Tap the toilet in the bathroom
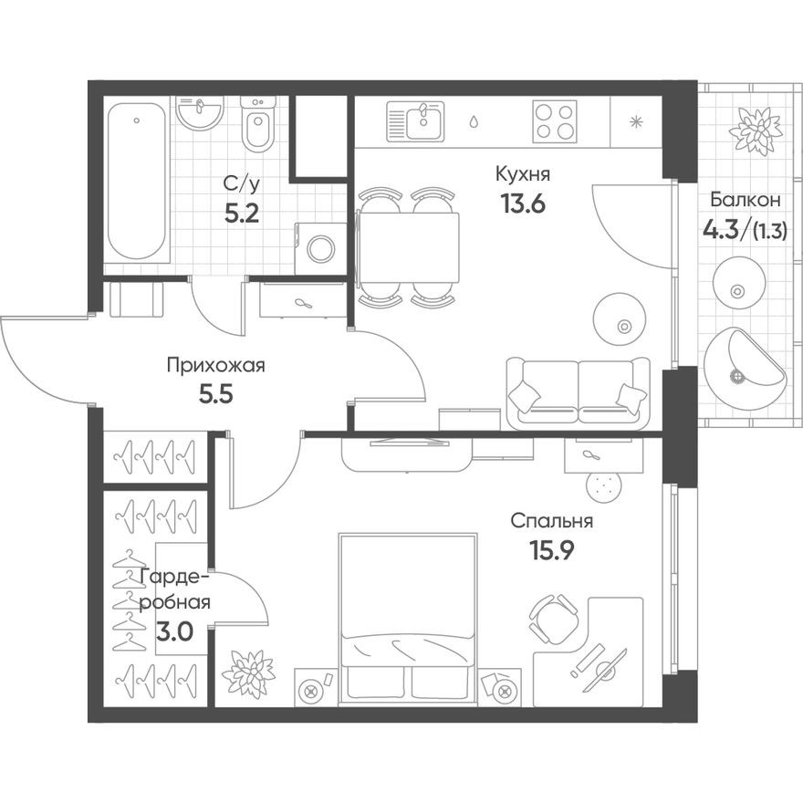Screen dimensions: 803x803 coord(258,129)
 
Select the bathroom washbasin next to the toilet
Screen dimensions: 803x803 coord(200,113)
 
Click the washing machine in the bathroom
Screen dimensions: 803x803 coord(321,247)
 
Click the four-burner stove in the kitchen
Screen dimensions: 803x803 coord(555,120)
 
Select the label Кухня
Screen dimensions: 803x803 coord(522,173)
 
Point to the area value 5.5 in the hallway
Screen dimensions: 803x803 coord(215,398)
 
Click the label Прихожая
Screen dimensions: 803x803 coord(215,367)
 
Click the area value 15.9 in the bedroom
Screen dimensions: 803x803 coord(551,553)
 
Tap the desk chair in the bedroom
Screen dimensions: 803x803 coord(554,618)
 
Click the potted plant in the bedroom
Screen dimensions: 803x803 coord(248,673)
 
